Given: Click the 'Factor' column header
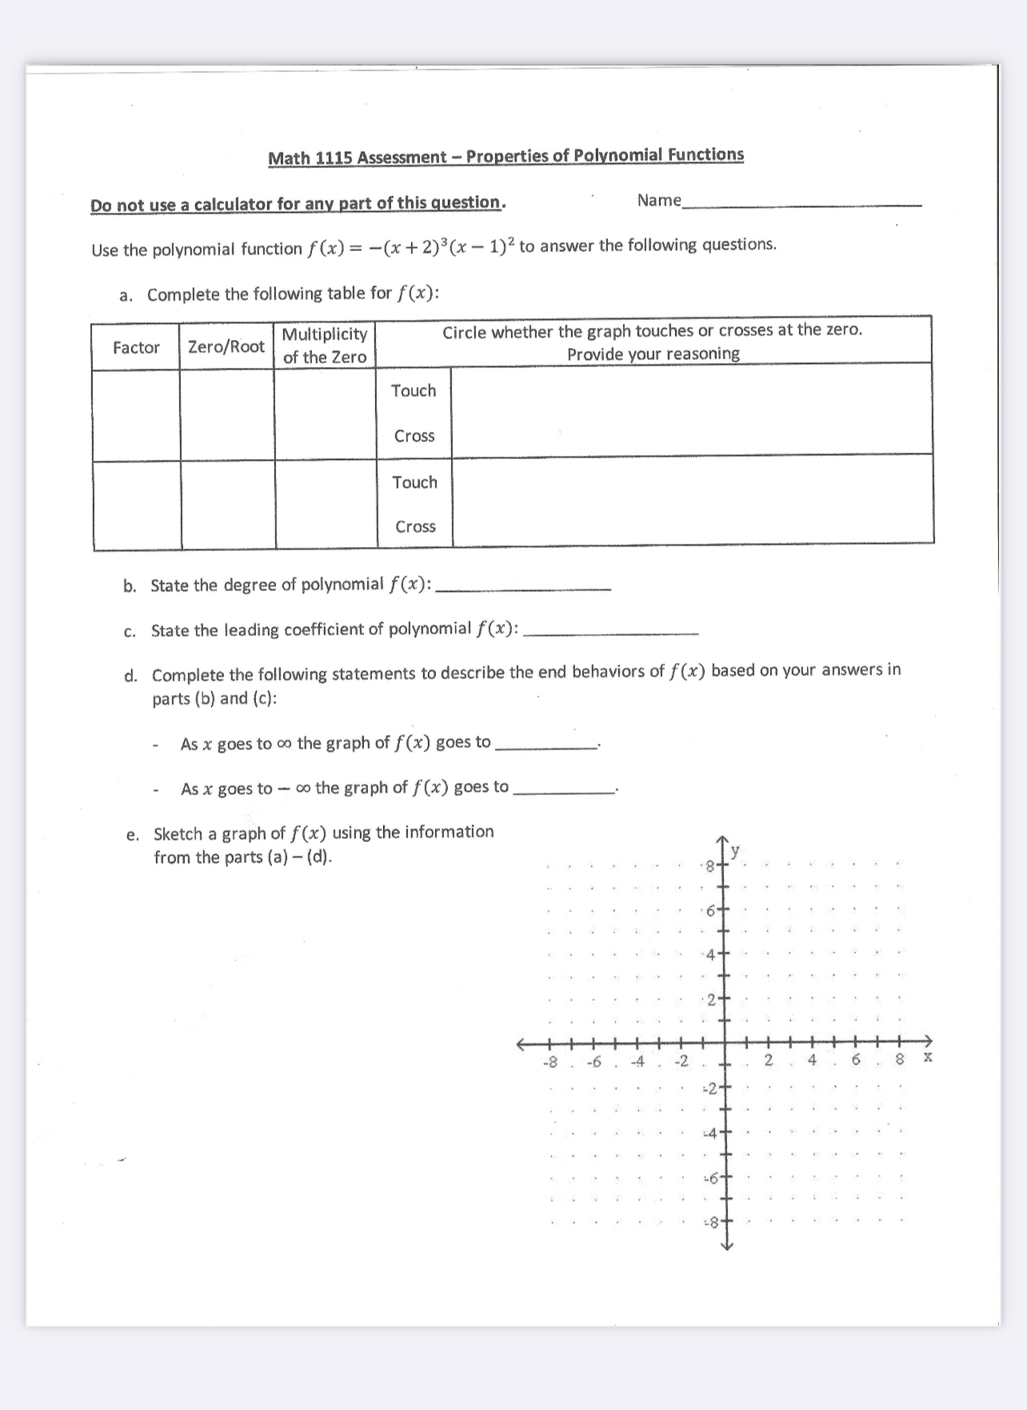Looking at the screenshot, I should tap(136, 347).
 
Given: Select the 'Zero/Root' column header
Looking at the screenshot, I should tap(226, 346).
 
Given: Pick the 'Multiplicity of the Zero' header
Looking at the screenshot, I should tap(325, 346).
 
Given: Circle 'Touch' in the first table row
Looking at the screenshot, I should tap(414, 390).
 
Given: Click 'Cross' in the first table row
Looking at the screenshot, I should tap(414, 436).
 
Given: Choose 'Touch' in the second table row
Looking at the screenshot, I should tap(414, 482).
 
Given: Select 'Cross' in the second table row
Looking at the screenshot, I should tap(415, 526).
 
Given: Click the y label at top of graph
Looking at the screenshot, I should tap(735, 849).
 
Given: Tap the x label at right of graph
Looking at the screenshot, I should tap(927, 1057).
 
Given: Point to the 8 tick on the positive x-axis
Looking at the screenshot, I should tap(898, 1060).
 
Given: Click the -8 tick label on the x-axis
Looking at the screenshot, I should tap(549, 1062).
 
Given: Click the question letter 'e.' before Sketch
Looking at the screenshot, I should tap(133, 835).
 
